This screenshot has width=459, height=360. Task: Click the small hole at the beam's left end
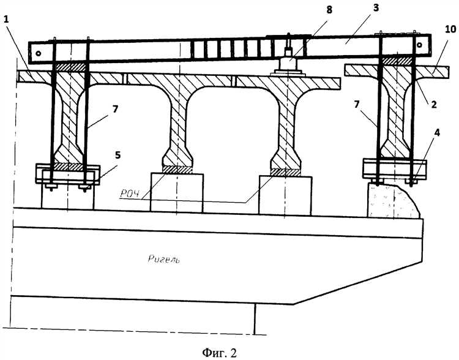pyautogui.click(x=39, y=54)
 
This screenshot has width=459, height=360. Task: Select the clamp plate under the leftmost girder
pyautogui.click(x=64, y=174)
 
